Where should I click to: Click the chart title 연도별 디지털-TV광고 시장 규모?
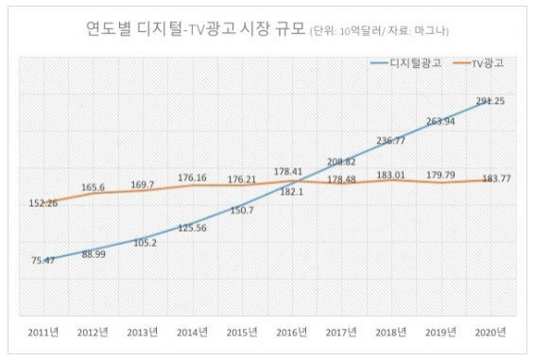[195, 28]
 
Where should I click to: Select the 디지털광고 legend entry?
[405, 63]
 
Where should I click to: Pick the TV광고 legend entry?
[478, 63]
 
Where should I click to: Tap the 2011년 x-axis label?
[43, 332]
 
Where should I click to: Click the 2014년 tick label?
[192, 332]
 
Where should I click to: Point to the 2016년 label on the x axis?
[291, 332]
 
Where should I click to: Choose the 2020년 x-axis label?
[491, 332]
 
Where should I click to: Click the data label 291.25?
[491, 101]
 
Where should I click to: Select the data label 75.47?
[43, 261]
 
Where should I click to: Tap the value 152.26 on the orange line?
[43, 203]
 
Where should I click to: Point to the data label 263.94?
[440, 121]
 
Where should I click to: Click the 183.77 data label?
[497, 179]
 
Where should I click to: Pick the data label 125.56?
[192, 228]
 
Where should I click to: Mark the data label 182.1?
[291, 192]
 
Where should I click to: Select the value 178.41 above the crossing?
[288, 172]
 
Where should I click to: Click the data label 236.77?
[391, 141]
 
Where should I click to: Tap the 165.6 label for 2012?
[93, 187]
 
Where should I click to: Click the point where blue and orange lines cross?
[301, 180]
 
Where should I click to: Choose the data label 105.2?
[146, 243]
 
